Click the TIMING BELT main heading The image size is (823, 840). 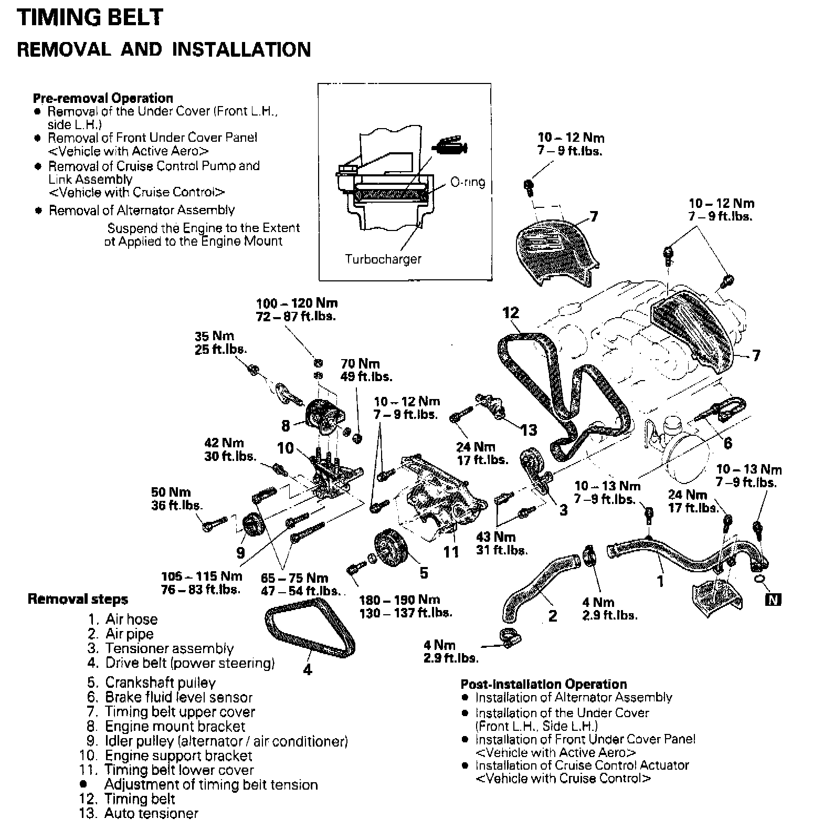(x=90, y=17)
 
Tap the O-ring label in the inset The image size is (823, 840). (x=467, y=182)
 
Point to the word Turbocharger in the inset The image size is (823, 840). (x=383, y=259)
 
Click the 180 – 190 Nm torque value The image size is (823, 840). (x=399, y=600)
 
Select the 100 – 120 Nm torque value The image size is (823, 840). (x=297, y=303)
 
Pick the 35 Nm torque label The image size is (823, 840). (x=214, y=336)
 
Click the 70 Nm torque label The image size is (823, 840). (x=360, y=363)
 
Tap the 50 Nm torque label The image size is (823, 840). (x=171, y=492)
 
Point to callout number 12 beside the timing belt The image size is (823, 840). (x=510, y=313)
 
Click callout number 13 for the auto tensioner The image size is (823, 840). (x=529, y=430)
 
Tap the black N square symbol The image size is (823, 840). (x=774, y=599)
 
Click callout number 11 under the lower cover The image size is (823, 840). (x=451, y=552)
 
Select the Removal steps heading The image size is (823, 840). (x=78, y=599)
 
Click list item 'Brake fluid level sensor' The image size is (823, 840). (x=178, y=697)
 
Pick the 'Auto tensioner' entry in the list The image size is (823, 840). (x=151, y=813)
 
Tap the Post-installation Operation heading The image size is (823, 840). (x=543, y=684)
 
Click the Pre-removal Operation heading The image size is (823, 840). (x=103, y=98)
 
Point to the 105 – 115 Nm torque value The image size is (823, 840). (x=202, y=576)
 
